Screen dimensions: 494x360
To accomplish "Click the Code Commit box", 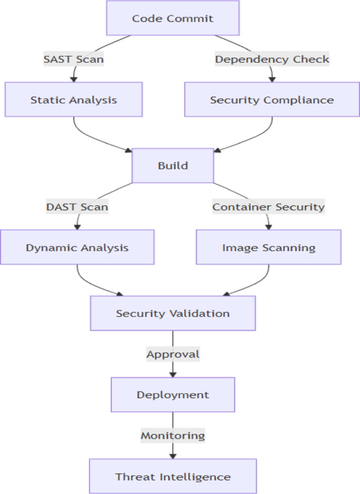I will coord(172,18).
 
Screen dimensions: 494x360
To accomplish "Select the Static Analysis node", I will coord(74,99).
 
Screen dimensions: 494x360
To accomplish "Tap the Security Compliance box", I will coord(272,99).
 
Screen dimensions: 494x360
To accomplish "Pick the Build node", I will coord(172,166).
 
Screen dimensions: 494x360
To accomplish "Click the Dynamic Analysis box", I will coord(77,247).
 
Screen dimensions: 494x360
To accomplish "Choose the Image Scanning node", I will coord(269,247).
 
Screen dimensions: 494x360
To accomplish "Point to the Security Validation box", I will coord(172,313).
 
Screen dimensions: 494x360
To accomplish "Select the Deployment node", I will coord(172,395).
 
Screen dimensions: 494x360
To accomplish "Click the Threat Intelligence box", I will coord(172,476).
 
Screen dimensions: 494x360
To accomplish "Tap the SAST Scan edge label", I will coord(74,59).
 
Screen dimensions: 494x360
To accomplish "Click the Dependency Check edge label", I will coord(272,59).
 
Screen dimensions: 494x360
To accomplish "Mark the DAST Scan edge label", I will coord(77,207).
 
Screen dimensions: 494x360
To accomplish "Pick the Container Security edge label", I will coord(269,207).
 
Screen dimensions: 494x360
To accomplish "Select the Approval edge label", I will coord(172,354).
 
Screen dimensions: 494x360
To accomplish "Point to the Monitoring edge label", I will coord(172,435).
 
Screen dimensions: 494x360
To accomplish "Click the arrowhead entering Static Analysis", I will coord(74,79).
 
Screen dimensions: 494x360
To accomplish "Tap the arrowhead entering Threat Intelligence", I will coord(172,456).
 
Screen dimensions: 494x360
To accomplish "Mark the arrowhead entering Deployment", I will coord(172,374).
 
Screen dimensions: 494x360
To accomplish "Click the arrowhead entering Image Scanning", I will coord(269,227).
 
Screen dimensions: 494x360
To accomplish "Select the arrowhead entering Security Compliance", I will coord(272,79).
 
